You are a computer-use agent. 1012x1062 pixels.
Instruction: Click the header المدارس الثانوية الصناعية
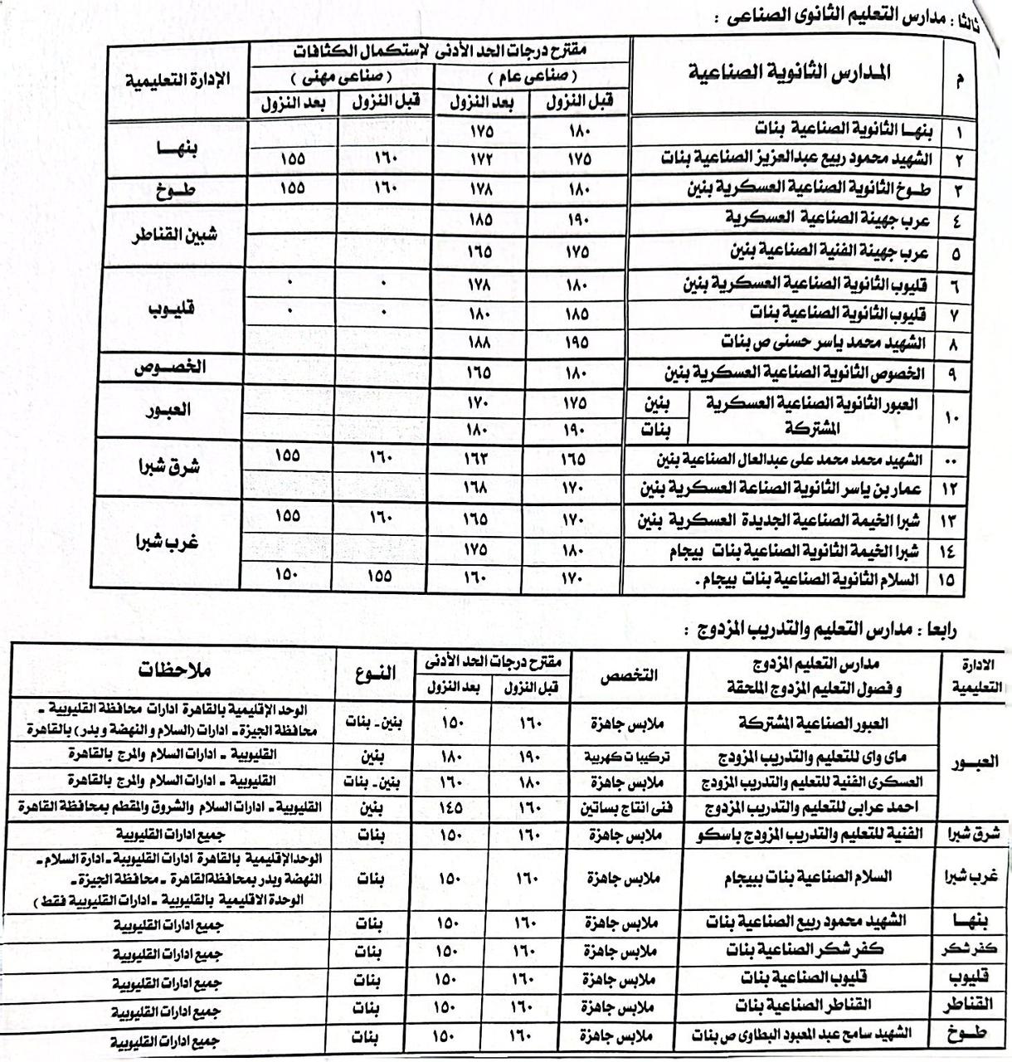pyautogui.click(x=790, y=73)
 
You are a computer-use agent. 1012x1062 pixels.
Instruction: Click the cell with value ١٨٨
pyautogui.click(x=479, y=343)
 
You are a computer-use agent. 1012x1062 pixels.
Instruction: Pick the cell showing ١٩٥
pyautogui.click(x=577, y=343)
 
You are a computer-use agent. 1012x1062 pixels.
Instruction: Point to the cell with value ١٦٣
pyautogui.click(x=479, y=458)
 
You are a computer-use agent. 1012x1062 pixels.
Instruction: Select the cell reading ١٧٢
pyautogui.click(x=479, y=158)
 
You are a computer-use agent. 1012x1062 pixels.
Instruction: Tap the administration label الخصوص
pyautogui.click(x=171, y=368)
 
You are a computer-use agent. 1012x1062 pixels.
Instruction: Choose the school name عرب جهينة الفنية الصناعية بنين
pyautogui.click(x=829, y=251)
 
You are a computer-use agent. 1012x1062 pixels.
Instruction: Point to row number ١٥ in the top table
pyautogui.click(x=946, y=581)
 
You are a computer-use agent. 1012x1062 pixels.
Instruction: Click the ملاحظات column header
pyautogui.click(x=175, y=670)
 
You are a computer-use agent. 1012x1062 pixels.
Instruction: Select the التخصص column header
pyautogui.click(x=628, y=675)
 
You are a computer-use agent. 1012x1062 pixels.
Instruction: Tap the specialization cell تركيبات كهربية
pyautogui.click(x=624, y=756)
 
